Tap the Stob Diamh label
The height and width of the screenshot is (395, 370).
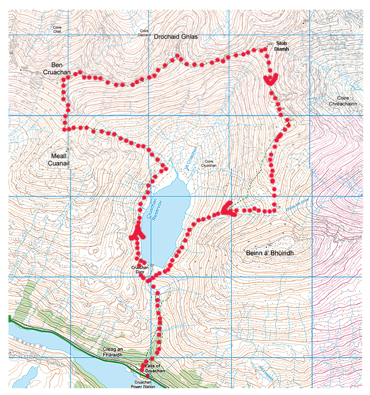(281, 46)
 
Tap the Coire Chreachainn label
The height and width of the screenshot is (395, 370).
(343, 100)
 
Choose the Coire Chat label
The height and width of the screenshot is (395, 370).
(57, 29)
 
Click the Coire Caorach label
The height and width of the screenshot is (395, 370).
(144, 32)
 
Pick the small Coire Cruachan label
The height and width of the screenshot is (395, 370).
(208, 164)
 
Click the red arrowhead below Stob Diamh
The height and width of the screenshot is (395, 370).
(271, 80)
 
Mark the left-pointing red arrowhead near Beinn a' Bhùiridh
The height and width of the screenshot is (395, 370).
(228, 209)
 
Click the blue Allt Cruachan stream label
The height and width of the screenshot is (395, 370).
(191, 156)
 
